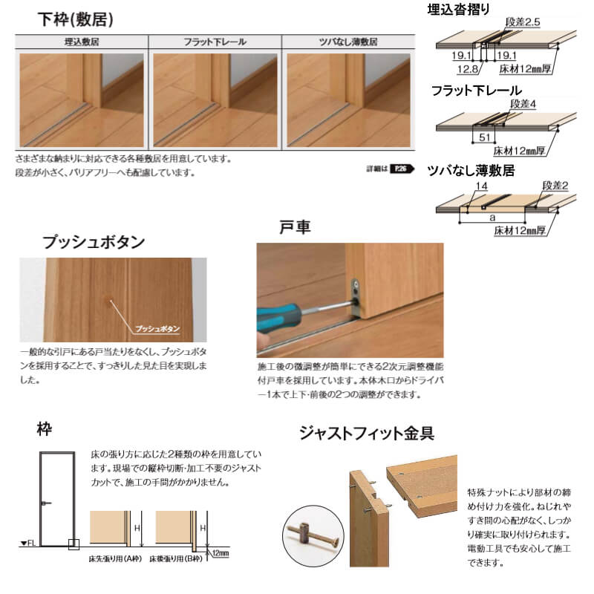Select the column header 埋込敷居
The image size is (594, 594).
tap(82, 42)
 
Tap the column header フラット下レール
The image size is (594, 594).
tap(215, 42)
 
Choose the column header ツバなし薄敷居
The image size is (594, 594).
tap(347, 42)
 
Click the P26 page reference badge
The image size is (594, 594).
tap(400, 169)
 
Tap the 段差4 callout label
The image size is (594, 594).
tap(523, 105)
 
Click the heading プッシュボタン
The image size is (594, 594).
tap(94, 242)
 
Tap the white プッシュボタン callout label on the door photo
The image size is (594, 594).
tap(157, 327)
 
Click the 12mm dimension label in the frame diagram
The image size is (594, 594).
tap(220, 553)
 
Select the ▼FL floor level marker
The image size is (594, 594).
tap(28, 545)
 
